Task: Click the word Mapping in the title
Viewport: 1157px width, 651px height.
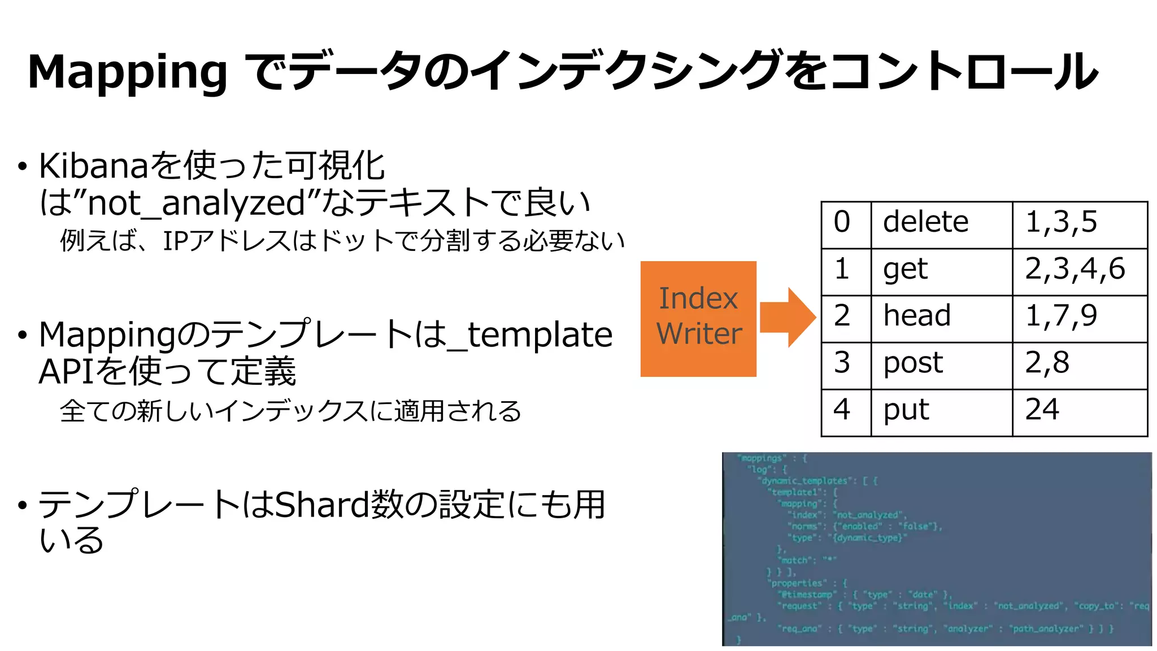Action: coord(127,72)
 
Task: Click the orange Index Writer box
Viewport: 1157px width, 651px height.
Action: coord(698,318)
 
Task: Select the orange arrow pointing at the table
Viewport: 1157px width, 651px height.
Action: coord(788,317)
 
